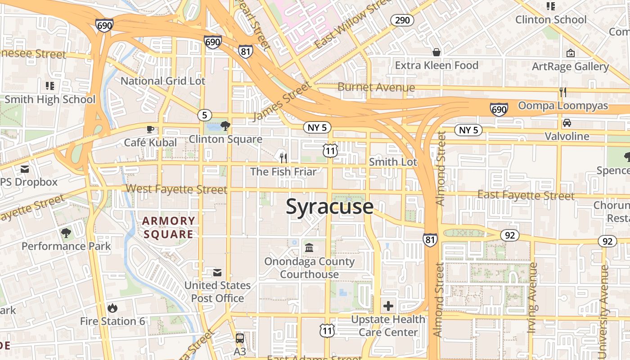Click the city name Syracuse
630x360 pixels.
click(330, 207)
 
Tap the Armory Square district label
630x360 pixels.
click(168, 227)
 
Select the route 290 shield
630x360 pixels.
click(402, 20)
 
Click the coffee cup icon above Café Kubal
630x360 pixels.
click(150, 130)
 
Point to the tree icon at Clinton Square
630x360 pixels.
click(225, 126)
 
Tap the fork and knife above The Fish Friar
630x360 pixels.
click(283, 158)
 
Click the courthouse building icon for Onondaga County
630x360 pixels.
click(309, 248)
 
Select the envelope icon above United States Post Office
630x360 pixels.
click(217, 272)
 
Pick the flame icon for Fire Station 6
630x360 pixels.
click(112, 308)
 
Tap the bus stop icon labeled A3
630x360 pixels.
click(240, 338)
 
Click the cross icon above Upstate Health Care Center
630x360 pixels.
click(388, 306)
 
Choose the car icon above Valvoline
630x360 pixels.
click(567, 123)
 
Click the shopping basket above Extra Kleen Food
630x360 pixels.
click(436, 52)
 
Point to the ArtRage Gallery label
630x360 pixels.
click(570, 67)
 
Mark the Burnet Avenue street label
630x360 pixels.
click(376, 87)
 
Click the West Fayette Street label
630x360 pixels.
click(176, 189)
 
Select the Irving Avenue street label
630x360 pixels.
click(533, 298)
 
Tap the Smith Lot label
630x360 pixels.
click(393, 162)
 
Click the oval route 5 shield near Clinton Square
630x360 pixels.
click(204, 115)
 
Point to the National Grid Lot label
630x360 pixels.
click(163, 81)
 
